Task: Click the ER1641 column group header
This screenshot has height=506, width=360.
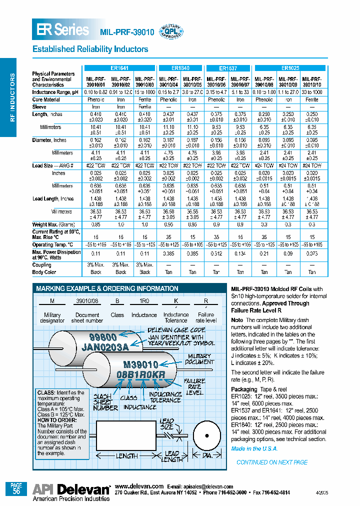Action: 119,68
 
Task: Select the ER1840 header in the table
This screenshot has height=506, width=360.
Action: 180,68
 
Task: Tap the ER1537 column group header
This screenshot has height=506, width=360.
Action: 228,68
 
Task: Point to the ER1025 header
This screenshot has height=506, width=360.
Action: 290,68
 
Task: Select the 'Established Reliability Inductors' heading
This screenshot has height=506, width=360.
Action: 90,49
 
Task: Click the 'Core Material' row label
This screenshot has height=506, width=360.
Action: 46,100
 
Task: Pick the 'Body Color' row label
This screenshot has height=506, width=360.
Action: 44,272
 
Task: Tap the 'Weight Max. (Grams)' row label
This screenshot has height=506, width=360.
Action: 53,225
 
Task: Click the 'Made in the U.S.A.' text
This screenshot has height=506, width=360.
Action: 254,448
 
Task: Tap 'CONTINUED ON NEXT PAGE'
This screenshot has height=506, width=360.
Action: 271,462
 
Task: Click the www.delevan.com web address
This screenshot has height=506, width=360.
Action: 139,486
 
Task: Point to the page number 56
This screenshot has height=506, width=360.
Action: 16,491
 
